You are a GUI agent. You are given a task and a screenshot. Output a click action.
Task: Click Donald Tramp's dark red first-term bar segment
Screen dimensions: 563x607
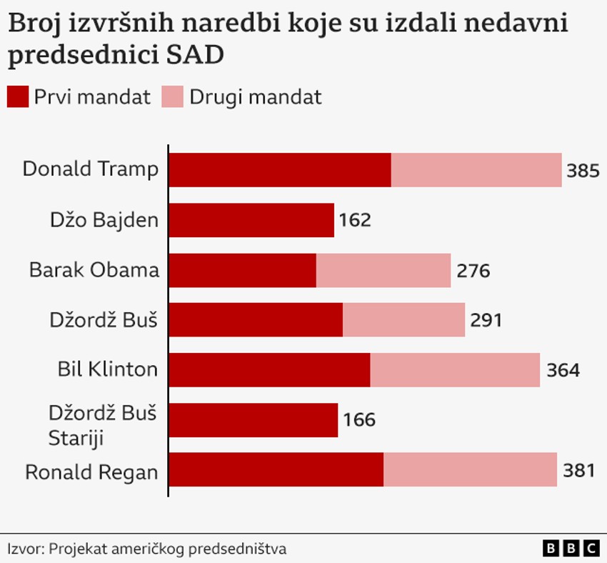point(280,170)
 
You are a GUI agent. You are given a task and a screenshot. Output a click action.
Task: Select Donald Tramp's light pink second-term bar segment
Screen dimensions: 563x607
point(476,170)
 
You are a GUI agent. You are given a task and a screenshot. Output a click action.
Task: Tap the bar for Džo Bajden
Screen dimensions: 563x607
point(251,220)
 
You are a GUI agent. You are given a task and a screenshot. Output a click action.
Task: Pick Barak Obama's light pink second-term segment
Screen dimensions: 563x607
point(383,270)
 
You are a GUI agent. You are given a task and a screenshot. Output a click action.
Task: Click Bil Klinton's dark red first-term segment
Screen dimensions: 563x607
point(269,369)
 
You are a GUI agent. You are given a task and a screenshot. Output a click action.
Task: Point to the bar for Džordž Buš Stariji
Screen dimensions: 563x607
point(254,419)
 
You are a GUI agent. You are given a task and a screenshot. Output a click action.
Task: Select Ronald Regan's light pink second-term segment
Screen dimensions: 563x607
point(470,469)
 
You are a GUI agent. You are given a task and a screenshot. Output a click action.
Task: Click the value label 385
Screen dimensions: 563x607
point(582,171)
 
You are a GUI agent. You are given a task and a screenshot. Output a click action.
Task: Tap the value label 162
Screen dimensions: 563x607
point(355,220)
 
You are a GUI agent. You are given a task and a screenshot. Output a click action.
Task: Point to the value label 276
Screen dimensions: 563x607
point(472,271)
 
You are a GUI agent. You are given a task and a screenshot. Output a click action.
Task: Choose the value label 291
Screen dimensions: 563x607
point(486,320)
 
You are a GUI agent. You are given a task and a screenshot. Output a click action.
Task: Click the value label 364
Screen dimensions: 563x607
point(562,370)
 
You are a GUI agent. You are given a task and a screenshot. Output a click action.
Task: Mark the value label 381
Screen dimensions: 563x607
point(578,470)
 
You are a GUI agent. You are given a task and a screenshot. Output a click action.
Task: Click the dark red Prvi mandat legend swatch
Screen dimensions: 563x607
point(18,96)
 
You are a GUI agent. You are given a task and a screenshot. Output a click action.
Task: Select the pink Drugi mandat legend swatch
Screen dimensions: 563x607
point(173,96)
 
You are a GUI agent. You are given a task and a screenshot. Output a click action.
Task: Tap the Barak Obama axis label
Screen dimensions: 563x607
point(94,270)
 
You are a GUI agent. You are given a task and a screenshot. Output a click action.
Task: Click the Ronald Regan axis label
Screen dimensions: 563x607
point(91,472)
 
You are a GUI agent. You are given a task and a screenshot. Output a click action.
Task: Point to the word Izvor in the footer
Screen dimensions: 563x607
point(25,549)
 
